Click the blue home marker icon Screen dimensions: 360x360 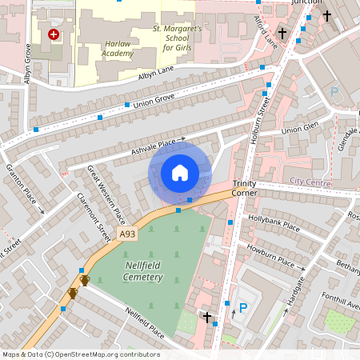pos(180,173)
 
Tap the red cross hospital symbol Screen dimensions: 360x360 pos(54,35)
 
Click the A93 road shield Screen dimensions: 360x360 pos(126,234)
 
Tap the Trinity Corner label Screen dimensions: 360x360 pos(245,188)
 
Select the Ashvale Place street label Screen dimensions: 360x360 pos(153,146)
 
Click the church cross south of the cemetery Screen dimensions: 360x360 pos(208,318)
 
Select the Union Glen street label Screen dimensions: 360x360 pos(301,128)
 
